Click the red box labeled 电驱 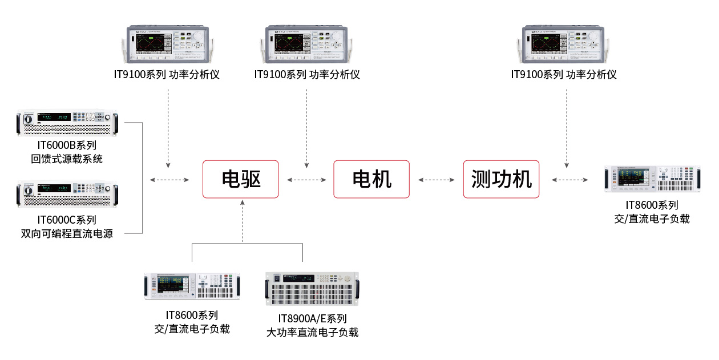(241, 179)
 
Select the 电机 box (371, 179)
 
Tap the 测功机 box (501, 179)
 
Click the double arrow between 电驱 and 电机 (306, 180)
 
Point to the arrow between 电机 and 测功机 (437, 180)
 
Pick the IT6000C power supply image (67, 194)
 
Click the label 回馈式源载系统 (67, 159)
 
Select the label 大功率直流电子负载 (312, 333)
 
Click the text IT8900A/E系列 (312, 318)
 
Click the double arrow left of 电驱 (169, 180)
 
